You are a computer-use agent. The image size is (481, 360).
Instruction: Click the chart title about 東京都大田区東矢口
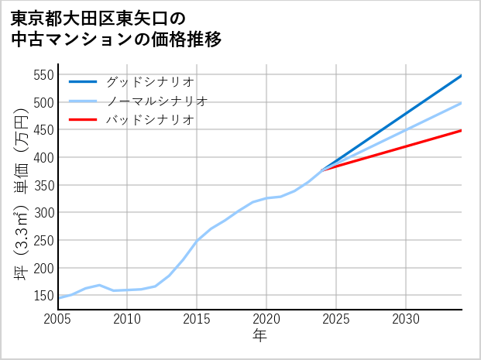click(x=116, y=29)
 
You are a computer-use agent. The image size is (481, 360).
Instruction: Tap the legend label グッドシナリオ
click(x=149, y=81)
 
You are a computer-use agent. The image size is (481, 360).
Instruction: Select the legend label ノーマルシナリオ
click(x=156, y=101)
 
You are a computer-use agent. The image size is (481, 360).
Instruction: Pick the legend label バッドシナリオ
click(x=149, y=120)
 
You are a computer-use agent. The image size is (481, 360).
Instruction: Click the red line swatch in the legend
click(x=83, y=120)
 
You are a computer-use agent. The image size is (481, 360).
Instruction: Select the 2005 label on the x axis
click(x=57, y=319)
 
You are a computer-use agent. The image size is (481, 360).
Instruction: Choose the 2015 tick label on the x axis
click(x=197, y=319)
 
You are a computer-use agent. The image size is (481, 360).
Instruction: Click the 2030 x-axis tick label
click(x=406, y=319)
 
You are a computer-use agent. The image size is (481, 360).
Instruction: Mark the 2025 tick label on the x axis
click(x=336, y=319)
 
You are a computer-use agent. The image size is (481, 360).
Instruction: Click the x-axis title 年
click(x=259, y=336)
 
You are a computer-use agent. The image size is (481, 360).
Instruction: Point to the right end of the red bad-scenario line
click(x=462, y=130)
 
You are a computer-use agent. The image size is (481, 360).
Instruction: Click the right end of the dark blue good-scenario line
click(x=462, y=75)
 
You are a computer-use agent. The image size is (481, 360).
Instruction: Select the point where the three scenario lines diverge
click(x=322, y=170)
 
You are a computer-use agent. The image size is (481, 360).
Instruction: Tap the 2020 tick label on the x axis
click(x=266, y=319)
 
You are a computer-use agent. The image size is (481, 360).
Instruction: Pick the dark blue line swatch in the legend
click(x=83, y=81)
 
